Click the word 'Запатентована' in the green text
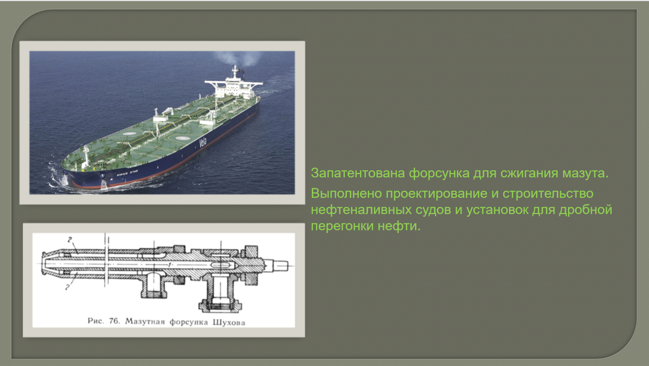click(x=358, y=174)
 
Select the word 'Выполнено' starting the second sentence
click(x=346, y=194)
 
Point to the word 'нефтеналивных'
click(x=362, y=210)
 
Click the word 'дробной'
click(x=586, y=210)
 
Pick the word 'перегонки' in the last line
click(x=342, y=226)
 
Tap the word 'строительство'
click(x=548, y=194)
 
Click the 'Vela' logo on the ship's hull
click(x=203, y=142)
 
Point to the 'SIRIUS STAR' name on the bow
click(x=127, y=174)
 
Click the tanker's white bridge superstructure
click(x=233, y=84)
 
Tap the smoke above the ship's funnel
click(x=238, y=59)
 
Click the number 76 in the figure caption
click(x=114, y=321)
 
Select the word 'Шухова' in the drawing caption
click(x=229, y=322)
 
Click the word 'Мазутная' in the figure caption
click(x=145, y=321)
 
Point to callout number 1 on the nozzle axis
click(x=170, y=264)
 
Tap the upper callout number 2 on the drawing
click(x=70, y=239)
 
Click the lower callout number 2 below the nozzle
click(x=67, y=287)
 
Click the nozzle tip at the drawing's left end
click(x=44, y=264)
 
